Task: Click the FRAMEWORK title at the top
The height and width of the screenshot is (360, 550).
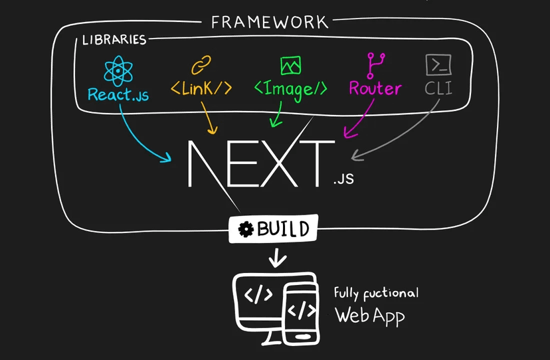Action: coord(269,22)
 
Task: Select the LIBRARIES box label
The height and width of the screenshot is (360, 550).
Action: coord(114,40)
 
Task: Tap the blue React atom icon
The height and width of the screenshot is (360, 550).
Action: coord(118,69)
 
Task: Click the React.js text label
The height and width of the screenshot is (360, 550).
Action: coord(118,94)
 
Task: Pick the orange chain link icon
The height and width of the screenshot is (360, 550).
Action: coord(201,65)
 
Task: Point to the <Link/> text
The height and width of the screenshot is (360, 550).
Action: coord(202,88)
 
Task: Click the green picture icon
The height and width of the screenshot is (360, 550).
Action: coord(290,65)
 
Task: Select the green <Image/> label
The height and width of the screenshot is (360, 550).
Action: coord(291,88)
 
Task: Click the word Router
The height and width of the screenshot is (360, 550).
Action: coord(375,88)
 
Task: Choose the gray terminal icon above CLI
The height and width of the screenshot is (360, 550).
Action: coord(438,65)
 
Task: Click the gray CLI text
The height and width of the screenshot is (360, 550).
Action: coord(439,88)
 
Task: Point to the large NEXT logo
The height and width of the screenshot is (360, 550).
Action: coord(259,163)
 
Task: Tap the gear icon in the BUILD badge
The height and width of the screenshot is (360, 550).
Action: coord(246,230)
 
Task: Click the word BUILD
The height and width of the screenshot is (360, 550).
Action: coord(283,229)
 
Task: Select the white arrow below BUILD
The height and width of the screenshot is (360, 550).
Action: coord(278,258)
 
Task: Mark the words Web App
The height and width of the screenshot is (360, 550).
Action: coord(369,314)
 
